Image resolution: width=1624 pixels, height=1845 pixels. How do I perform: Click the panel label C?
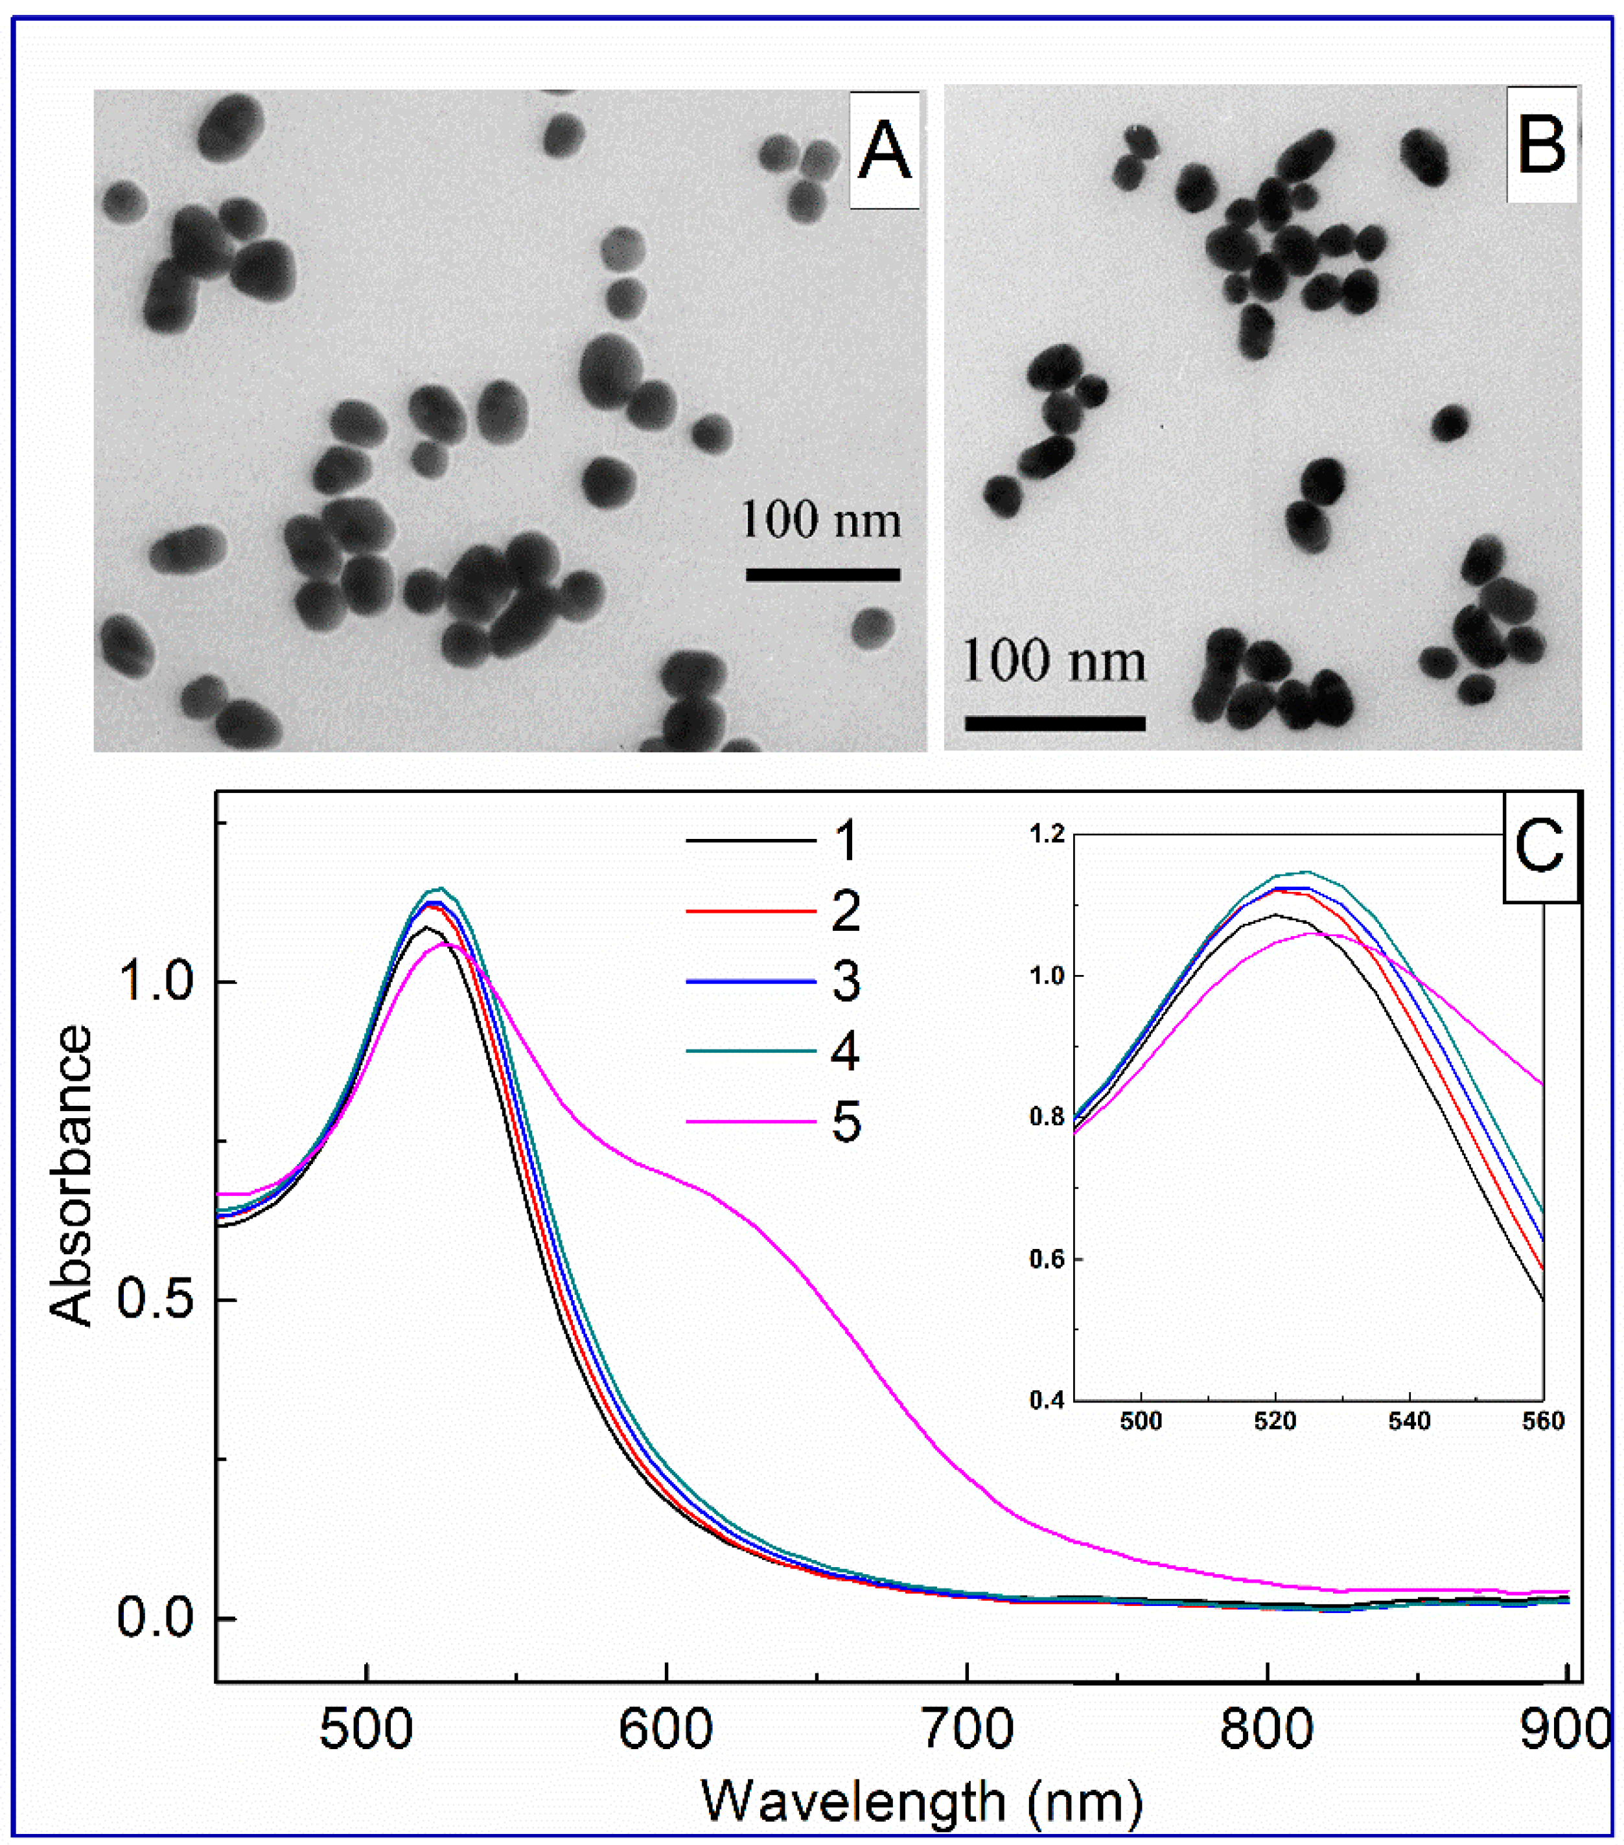click(1539, 847)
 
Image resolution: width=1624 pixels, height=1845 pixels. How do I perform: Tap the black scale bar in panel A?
click(822, 574)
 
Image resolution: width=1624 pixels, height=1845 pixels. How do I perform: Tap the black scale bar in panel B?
click(1054, 723)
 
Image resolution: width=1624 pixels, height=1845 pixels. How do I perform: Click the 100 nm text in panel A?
click(820, 521)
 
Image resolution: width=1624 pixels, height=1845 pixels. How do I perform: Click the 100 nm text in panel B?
click(1054, 661)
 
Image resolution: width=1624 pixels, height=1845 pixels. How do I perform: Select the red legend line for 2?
click(751, 911)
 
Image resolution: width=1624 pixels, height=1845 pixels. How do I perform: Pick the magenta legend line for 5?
click(751, 1122)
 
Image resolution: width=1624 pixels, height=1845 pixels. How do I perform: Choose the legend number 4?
click(846, 1051)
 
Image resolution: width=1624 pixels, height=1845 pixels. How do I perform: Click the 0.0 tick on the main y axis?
click(156, 1618)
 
